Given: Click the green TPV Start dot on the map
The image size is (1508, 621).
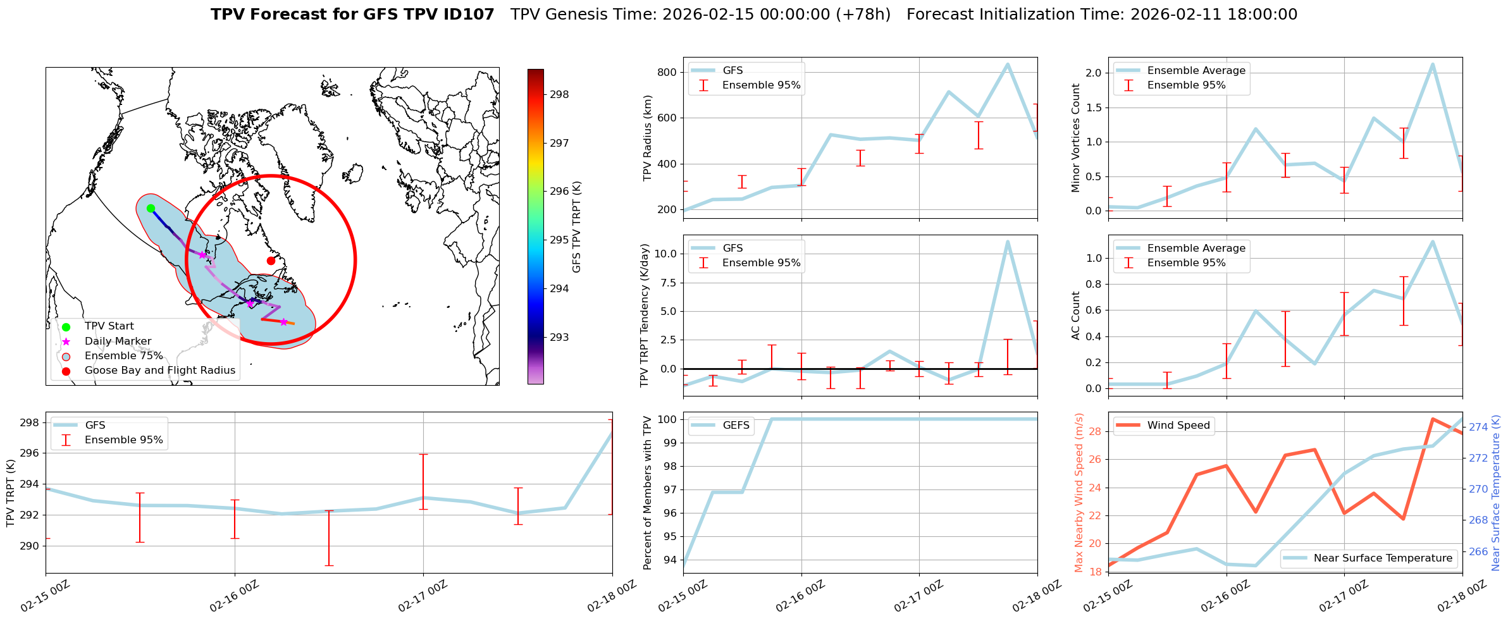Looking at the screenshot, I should click(151, 208).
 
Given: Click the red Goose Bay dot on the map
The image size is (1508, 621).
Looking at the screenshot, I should click(271, 261).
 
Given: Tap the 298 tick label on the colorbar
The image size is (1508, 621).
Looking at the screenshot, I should click(559, 95).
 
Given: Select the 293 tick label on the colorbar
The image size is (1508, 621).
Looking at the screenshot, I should click(559, 338).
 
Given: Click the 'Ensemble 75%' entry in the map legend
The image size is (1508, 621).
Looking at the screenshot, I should click(123, 356).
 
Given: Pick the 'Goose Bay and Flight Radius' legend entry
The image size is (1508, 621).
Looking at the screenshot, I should click(159, 371).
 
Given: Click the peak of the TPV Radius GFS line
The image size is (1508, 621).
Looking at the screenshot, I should click(1008, 64).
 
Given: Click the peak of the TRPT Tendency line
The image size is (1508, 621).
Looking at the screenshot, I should click(1008, 242).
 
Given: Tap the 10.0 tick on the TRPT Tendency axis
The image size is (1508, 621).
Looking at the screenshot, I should click(665, 254).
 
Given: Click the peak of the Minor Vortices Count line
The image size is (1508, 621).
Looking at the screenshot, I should click(1433, 64).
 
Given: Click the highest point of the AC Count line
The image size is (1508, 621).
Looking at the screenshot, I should click(1433, 242).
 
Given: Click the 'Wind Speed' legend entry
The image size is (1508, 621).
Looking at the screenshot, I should click(1178, 426).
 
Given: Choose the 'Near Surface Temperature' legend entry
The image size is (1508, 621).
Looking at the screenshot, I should click(1383, 558).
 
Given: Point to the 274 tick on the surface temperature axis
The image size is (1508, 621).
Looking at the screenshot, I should click(1478, 427).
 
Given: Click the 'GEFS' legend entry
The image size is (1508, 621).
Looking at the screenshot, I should click(736, 426).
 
